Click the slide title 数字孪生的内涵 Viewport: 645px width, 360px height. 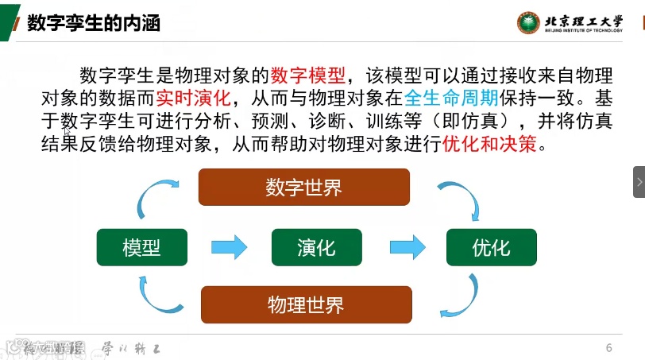94,22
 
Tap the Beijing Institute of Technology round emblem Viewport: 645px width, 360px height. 527,22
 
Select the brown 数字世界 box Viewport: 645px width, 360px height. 303,188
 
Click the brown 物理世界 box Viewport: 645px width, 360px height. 306,304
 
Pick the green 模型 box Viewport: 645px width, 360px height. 141,247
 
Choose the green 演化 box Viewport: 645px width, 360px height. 316,247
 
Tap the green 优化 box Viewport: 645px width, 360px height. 491,247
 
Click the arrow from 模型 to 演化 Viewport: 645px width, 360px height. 229,247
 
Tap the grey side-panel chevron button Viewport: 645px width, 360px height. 639,183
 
